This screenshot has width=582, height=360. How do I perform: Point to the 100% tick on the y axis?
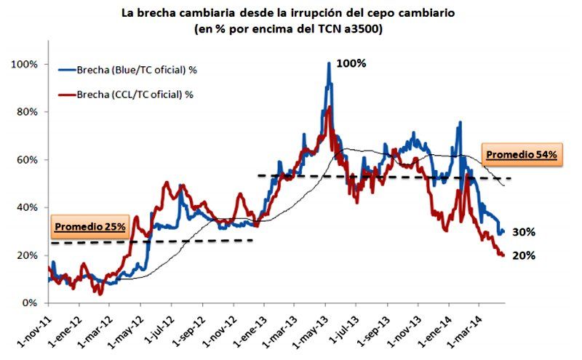click(23, 64)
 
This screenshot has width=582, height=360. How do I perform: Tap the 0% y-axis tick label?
click(28, 303)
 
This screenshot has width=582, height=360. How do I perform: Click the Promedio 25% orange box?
click(89, 226)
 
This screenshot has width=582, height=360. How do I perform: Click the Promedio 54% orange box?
click(521, 154)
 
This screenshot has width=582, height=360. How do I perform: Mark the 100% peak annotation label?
click(351, 63)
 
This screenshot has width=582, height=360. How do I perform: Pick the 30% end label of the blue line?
click(524, 232)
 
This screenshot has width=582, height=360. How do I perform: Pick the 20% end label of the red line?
click(524, 255)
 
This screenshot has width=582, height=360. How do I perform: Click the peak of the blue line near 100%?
click(329, 64)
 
